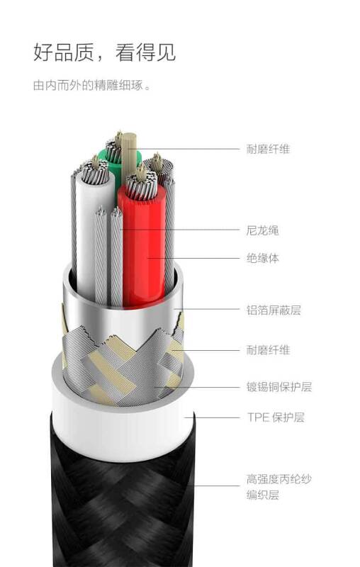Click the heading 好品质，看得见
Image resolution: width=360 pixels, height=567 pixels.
click(x=104, y=52)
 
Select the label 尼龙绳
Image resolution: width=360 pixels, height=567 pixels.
click(x=262, y=230)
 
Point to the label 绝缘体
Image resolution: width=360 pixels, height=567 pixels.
click(x=262, y=258)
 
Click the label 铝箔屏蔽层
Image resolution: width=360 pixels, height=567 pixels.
click(x=274, y=310)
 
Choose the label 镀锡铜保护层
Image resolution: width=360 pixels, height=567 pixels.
click(x=279, y=386)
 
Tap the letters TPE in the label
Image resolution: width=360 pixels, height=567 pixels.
click(x=259, y=417)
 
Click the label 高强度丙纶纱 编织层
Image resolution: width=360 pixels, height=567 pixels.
click(x=279, y=487)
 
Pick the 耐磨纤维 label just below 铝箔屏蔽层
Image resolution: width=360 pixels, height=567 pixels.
click(x=268, y=349)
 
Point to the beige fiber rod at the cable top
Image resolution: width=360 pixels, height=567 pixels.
click(x=128, y=155)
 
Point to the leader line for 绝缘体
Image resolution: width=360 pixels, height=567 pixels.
click(x=193, y=258)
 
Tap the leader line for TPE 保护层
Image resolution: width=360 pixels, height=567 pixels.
click(x=212, y=417)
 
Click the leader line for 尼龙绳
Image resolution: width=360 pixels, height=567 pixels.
click(x=180, y=229)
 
